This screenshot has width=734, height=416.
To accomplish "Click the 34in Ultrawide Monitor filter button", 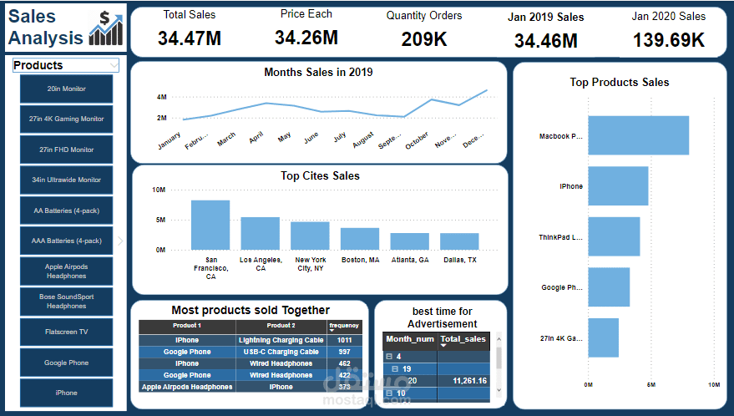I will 66,180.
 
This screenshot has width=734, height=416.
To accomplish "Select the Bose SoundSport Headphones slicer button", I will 66,301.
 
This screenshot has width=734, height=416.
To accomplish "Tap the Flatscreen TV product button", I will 66,332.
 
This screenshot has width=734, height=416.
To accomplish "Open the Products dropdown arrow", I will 112,65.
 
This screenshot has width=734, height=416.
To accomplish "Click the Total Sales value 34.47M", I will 190,38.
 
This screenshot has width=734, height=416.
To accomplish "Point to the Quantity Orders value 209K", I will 423,38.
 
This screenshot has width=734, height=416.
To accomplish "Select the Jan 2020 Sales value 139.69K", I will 668,39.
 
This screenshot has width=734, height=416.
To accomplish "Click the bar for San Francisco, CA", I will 210,225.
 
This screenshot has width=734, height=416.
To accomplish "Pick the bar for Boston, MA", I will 360,238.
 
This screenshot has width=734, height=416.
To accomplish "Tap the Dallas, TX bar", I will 459,241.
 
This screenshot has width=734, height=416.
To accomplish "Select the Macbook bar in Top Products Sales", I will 638,135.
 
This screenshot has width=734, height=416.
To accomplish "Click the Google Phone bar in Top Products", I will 609,287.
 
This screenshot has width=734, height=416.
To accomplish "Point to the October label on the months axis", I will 416,141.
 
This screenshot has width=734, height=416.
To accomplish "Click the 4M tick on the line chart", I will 161,97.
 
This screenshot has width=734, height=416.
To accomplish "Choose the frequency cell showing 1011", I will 344,340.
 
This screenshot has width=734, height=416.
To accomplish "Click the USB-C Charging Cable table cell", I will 281,352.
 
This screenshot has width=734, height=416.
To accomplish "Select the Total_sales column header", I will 463,339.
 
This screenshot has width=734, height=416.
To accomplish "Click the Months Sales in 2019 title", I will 318,72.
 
